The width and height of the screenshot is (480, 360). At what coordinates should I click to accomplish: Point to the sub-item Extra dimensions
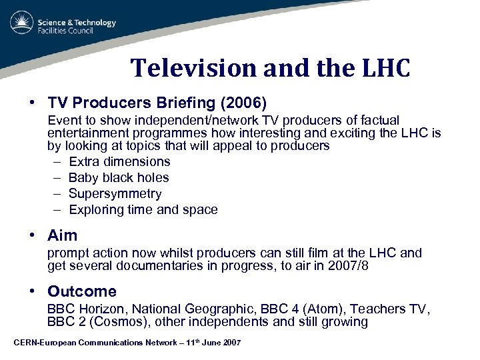[119, 161]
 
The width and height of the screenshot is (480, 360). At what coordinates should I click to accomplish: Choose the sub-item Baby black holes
[119, 177]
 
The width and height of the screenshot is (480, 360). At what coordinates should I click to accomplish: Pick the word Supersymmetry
[115, 193]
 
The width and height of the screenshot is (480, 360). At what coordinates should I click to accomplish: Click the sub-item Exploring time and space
[143, 209]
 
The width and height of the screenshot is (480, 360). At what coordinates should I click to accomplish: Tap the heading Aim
[62, 235]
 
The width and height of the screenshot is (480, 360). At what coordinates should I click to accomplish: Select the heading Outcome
[81, 291]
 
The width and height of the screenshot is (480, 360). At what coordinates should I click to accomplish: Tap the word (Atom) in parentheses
[321, 309]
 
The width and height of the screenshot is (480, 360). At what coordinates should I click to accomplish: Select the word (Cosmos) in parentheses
[112, 322]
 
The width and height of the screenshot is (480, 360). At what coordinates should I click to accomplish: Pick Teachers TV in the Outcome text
[390, 309]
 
